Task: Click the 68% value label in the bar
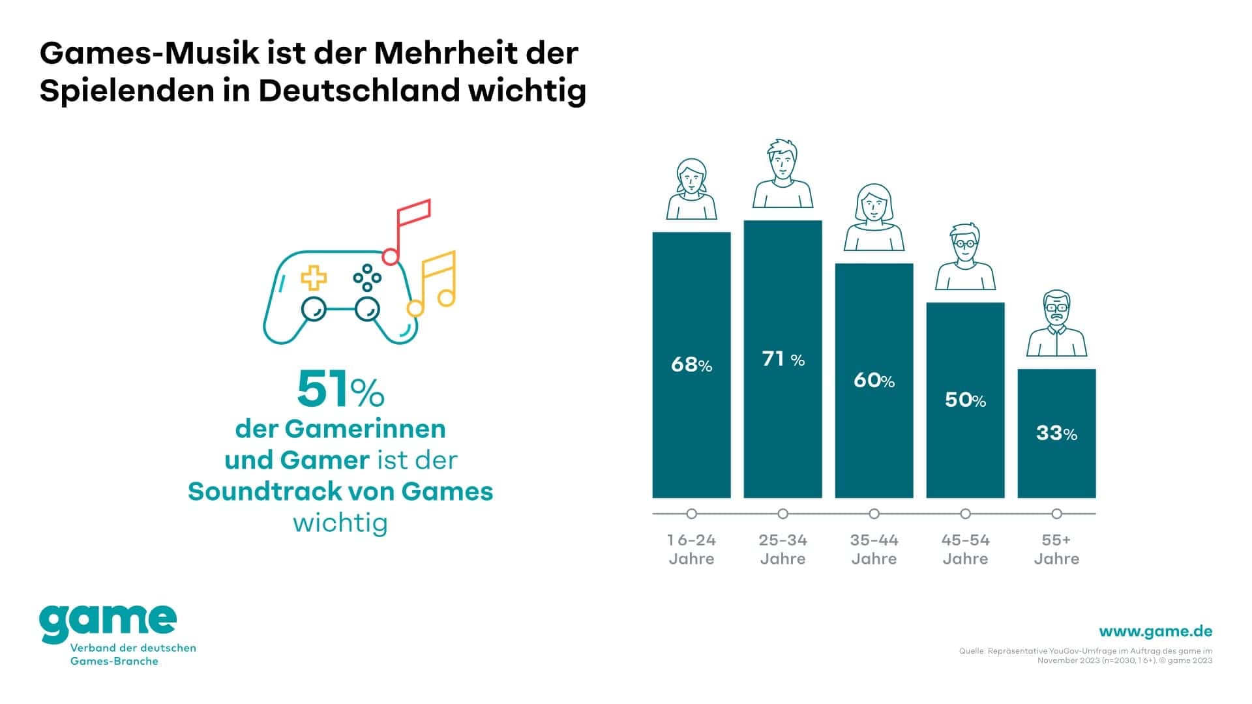tap(691, 364)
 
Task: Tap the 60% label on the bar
tap(874, 380)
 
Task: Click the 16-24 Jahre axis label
tap(691, 549)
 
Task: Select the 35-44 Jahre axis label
tap(874, 549)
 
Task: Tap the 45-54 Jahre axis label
tap(965, 549)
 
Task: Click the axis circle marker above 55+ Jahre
tap(1056, 514)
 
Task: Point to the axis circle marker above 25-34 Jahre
tap(782, 514)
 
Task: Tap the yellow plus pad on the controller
tap(314, 277)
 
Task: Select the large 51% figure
tap(340, 390)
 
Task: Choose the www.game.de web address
tap(1155, 631)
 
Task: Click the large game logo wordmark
tap(108, 623)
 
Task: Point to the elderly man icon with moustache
tap(1056, 323)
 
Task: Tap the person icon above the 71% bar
tap(782, 174)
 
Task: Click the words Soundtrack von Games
tap(340, 491)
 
